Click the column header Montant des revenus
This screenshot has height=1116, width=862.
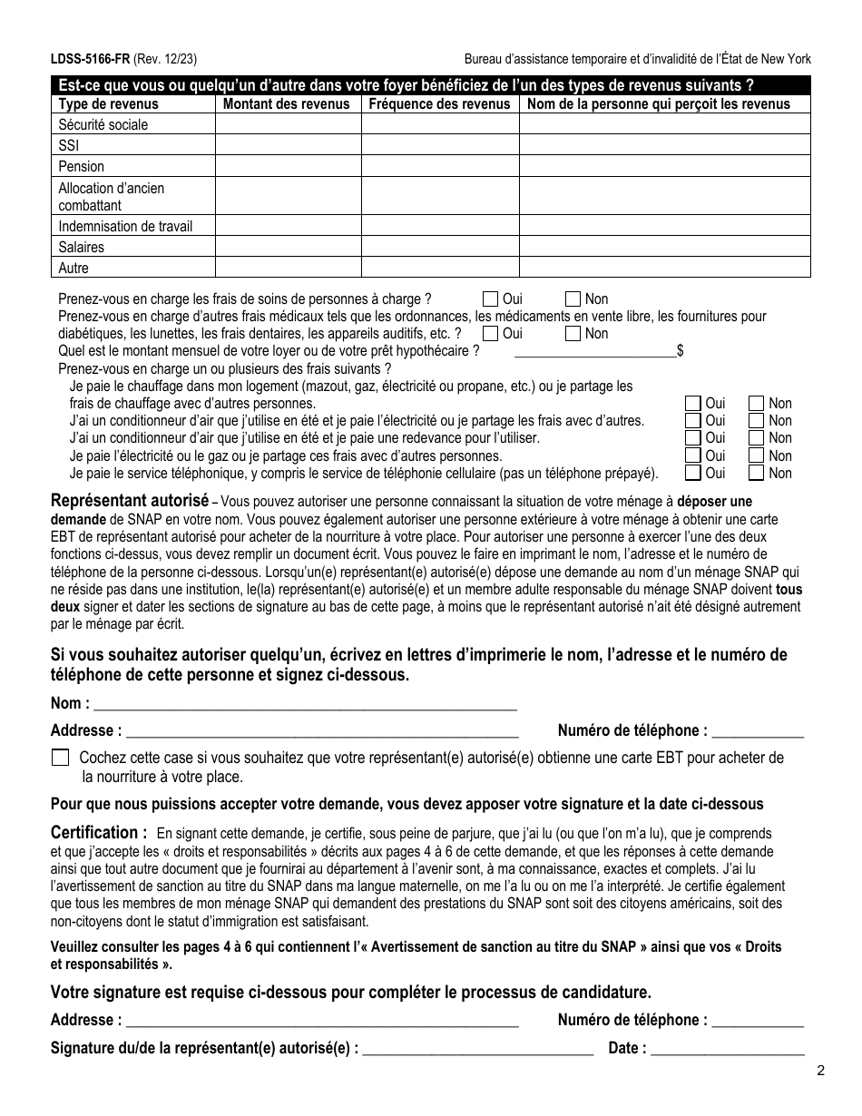pos(286,103)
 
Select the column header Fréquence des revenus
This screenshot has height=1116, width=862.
pos(439,103)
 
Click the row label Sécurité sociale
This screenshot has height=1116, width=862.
pos(103,124)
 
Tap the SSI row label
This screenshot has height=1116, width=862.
pos(69,145)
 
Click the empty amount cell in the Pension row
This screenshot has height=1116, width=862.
pos(288,166)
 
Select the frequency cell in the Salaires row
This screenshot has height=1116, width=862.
pos(439,247)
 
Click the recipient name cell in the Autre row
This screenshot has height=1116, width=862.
pos(664,268)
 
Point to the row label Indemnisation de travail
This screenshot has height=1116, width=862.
pos(125,226)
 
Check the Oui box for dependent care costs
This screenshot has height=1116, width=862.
pos(491,299)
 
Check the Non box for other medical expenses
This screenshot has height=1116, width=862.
pos(573,333)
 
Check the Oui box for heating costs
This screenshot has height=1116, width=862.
pos(693,403)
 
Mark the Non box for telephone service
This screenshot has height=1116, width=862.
pos(756,473)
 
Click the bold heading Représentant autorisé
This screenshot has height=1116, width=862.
pos(130,501)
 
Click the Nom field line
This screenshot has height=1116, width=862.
pos(305,703)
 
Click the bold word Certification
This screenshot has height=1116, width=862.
pos(99,832)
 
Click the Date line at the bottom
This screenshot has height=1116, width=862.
pos(728,1049)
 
